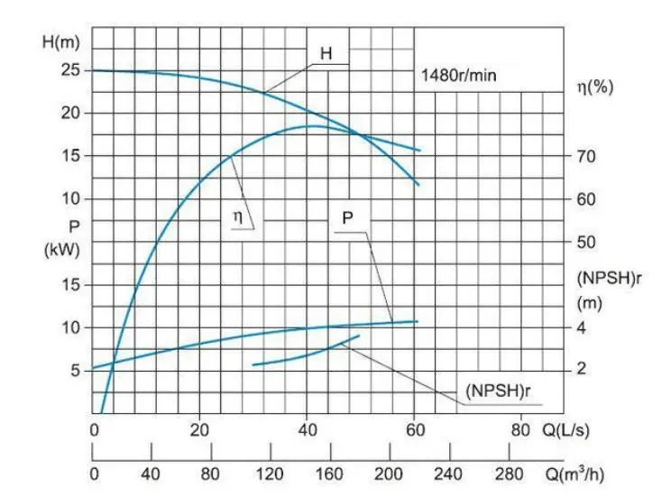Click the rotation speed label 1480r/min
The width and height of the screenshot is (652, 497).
pos(459,76)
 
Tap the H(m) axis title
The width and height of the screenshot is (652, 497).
pos(61,41)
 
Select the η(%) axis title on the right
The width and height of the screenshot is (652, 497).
pos(595,87)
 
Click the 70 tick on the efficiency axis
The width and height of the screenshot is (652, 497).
pos(586,156)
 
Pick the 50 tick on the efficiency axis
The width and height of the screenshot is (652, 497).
pos(586,242)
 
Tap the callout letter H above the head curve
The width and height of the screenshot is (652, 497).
pos(326,53)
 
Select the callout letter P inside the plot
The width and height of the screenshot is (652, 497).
pos(347,218)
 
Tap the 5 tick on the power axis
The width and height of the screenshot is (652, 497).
pos(76,369)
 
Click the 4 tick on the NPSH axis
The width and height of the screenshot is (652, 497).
pos(582,327)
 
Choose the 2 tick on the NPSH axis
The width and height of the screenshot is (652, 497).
pos(582,369)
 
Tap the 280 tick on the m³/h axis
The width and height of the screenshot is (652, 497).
pos(509,472)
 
